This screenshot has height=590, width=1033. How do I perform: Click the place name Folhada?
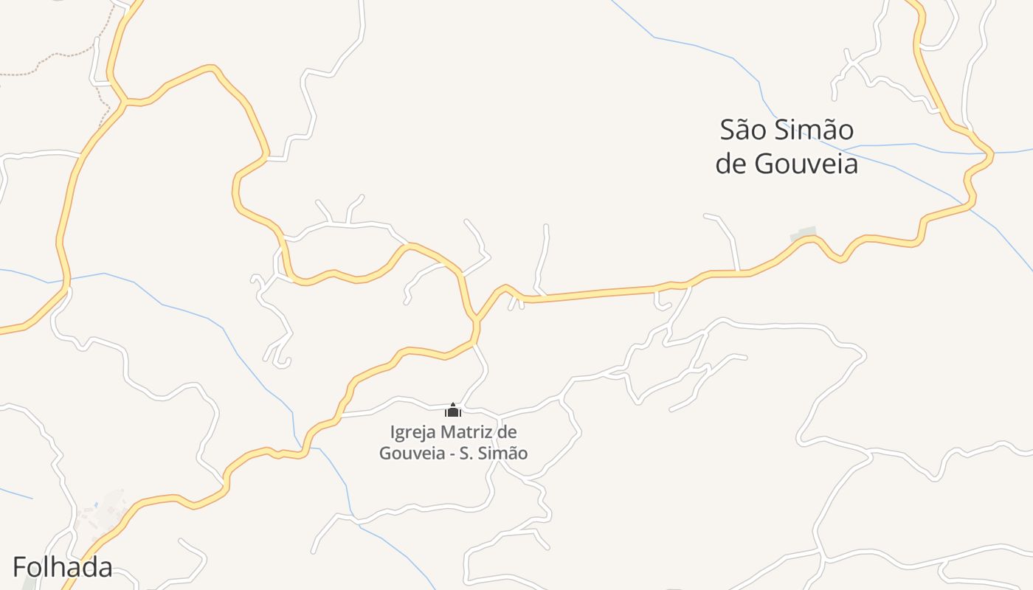click(x=63, y=567)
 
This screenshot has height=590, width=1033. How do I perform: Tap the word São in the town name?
click(x=745, y=131)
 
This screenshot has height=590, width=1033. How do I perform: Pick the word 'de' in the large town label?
click(x=731, y=164)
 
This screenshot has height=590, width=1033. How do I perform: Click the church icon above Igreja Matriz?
click(x=453, y=411)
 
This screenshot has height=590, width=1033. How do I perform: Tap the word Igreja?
click(x=413, y=431)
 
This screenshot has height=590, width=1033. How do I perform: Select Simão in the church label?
click(x=503, y=453)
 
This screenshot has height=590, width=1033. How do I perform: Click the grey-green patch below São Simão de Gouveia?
click(x=804, y=234)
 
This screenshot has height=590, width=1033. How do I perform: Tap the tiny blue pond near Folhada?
click(x=96, y=504)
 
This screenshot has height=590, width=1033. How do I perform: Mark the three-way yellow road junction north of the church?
click(x=476, y=320)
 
